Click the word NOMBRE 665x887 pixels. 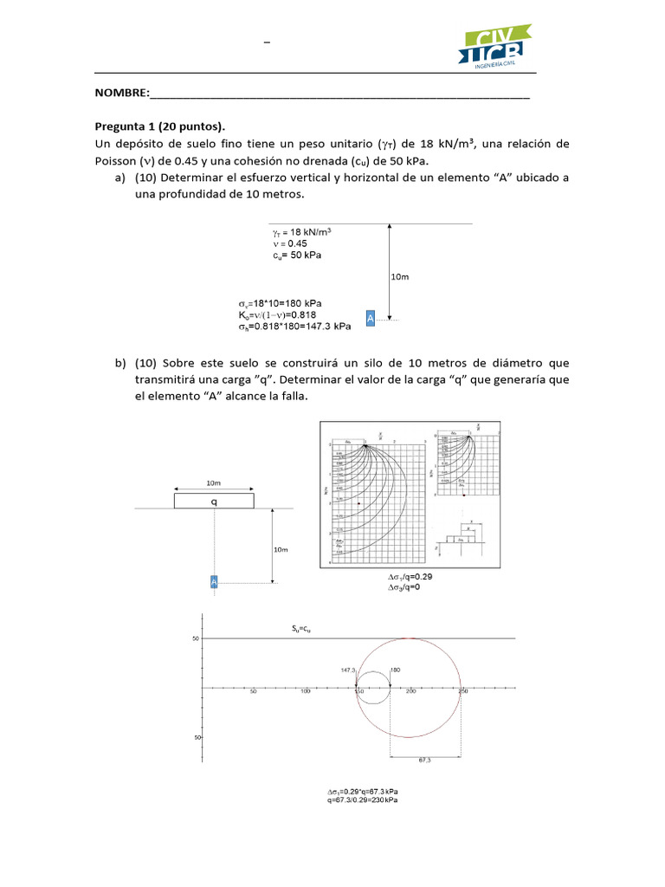(x=121, y=94)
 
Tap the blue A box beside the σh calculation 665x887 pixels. (x=370, y=319)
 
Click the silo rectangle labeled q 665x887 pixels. (x=214, y=501)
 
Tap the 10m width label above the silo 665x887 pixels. (x=214, y=482)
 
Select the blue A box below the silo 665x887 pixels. (x=214, y=582)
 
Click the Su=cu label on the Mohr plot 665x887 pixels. (x=300, y=630)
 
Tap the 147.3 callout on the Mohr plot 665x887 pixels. (x=349, y=670)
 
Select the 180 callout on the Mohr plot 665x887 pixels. (x=396, y=670)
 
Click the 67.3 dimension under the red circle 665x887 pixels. (x=424, y=760)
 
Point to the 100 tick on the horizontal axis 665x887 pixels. (x=305, y=692)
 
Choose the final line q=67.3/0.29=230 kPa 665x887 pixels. (x=364, y=800)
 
